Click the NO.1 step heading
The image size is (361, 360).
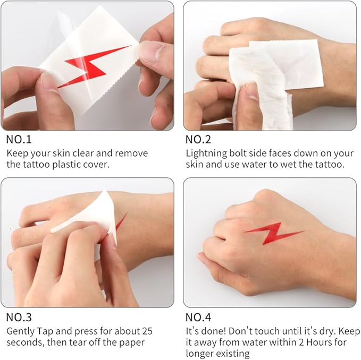point(19,140)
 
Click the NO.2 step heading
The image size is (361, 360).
point(198,140)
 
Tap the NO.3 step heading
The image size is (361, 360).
point(19,317)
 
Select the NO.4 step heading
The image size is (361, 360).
point(198,317)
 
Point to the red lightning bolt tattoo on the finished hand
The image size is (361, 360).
point(274,233)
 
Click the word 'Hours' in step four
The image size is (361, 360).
point(320,342)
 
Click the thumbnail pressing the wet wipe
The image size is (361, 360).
point(251,91)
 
